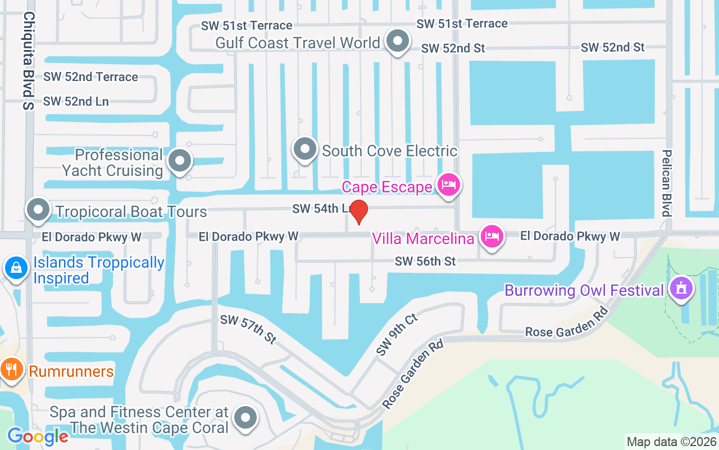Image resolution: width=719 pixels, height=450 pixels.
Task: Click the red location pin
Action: (x=358, y=211)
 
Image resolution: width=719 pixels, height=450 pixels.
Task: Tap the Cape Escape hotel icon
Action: (x=449, y=184)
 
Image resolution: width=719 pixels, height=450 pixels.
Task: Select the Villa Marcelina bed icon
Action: (x=492, y=236)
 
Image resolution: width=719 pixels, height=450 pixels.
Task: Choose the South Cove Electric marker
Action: (x=305, y=149)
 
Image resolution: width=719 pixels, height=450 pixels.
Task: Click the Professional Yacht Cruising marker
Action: (x=180, y=161)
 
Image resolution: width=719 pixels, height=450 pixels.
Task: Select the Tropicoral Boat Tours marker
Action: (x=38, y=210)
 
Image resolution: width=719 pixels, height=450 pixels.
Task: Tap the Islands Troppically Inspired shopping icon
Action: (x=16, y=267)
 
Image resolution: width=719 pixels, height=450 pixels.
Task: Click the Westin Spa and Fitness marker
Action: (x=245, y=418)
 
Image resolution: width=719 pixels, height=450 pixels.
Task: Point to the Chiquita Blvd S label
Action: (x=29, y=61)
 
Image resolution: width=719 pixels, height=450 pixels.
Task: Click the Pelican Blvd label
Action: (x=667, y=183)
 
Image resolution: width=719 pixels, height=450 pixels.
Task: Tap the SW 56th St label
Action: (x=425, y=262)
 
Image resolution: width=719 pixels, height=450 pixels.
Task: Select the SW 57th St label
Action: (x=248, y=328)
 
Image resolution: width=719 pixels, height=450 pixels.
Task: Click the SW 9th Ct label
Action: (x=397, y=335)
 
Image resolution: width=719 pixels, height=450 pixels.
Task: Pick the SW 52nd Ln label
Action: (x=76, y=101)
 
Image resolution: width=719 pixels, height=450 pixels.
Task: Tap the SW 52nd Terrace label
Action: (x=90, y=76)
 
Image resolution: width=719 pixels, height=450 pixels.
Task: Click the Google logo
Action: (x=38, y=436)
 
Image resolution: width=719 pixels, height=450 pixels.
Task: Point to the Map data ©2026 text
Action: (x=671, y=442)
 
